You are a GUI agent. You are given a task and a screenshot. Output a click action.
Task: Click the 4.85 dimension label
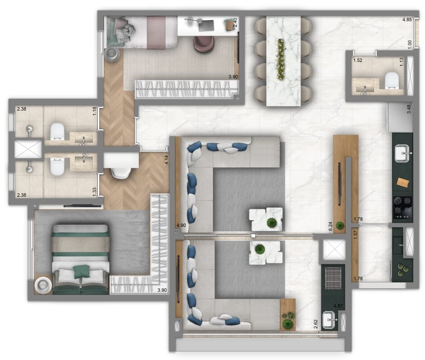coord(407,20)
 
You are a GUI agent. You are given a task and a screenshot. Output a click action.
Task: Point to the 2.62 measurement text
coord(317,324)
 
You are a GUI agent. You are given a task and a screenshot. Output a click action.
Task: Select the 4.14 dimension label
coord(167,160)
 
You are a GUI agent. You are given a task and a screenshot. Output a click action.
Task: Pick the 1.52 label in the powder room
coord(358,60)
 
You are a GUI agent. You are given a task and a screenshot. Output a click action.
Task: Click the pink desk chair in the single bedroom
coord(204,43)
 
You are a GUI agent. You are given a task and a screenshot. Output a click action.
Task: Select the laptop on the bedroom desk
coord(206,25)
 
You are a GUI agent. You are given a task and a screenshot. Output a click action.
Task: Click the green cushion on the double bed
coord(82,271)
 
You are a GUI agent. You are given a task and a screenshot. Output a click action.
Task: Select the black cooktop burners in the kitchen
coord(402,207)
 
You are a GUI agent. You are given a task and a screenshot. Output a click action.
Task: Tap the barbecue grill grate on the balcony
coord(333,278)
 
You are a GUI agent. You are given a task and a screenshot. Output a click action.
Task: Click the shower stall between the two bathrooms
coord(28,149)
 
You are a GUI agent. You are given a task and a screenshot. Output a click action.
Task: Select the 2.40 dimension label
coord(234,22)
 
